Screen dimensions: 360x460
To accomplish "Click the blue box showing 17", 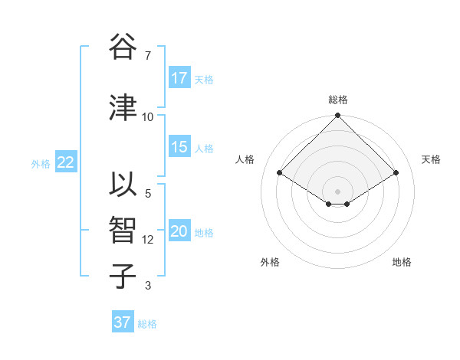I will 179,78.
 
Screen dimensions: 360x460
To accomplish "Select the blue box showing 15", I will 179,148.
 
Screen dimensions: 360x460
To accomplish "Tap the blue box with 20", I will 179,232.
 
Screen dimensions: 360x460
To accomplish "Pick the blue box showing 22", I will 65,162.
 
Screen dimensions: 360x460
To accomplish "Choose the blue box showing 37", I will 123,322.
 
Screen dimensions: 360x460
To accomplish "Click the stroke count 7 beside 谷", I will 148,55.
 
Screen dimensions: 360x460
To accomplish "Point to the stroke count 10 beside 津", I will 148,116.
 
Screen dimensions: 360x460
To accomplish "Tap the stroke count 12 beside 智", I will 148,240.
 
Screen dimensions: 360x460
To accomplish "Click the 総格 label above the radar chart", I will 337,100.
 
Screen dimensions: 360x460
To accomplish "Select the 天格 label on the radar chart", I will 431,159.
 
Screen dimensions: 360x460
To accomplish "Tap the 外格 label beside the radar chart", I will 270,262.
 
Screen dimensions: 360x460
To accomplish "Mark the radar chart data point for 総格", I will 337,116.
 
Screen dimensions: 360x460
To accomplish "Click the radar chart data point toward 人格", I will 280,173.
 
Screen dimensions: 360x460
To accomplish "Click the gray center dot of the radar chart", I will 337,190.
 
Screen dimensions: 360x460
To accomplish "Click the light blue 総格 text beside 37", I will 147,324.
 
